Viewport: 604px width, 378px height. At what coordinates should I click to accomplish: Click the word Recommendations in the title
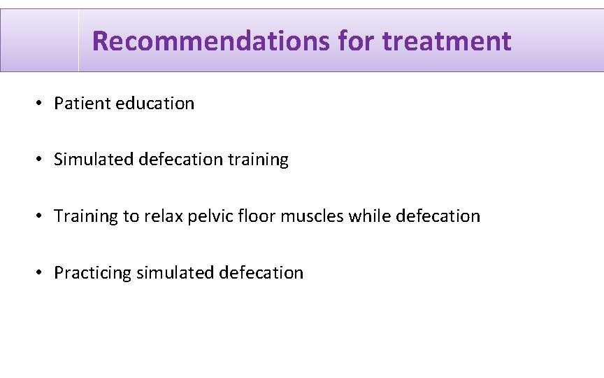(x=210, y=41)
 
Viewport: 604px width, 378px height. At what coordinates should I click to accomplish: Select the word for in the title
(x=356, y=41)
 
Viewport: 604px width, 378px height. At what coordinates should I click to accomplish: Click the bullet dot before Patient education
(x=41, y=104)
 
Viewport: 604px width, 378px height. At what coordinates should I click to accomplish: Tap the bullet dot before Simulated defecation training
(x=41, y=160)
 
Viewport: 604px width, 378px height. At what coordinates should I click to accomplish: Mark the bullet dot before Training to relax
(x=41, y=216)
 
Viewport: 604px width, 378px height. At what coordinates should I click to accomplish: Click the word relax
(x=163, y=216)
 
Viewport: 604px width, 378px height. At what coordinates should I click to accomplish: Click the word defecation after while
(x=438, y=216)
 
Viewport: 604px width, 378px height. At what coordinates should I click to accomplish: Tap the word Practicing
(x=93, y=273)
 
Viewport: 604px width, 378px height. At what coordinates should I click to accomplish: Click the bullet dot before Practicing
(x=41, y=273)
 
